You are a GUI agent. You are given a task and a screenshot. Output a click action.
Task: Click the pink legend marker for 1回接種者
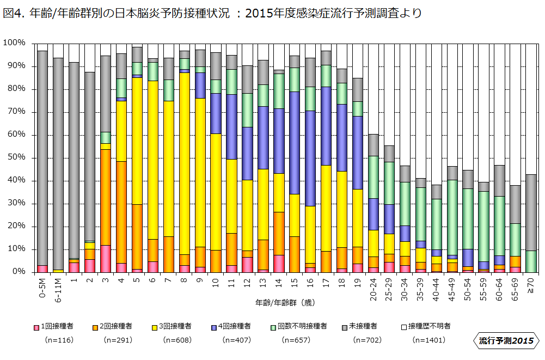pyautogui.click(x=36, y=327)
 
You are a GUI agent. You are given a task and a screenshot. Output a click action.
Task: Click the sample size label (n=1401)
pyautogui.click(x=429, y=340)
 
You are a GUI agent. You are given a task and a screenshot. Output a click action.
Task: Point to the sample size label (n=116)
pyautogui.click(x=58, y=340)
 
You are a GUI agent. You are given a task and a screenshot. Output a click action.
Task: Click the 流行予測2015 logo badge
pyautogui.click(x=506, y=341)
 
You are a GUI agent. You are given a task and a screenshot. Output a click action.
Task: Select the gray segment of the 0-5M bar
pyautogui.click(x=42, y=158)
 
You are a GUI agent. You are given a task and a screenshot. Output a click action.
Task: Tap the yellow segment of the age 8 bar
pyautogui.click(x=185, y=163)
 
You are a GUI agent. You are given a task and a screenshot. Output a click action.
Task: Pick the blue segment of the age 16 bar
pyautogui.click(x=310, y=158)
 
